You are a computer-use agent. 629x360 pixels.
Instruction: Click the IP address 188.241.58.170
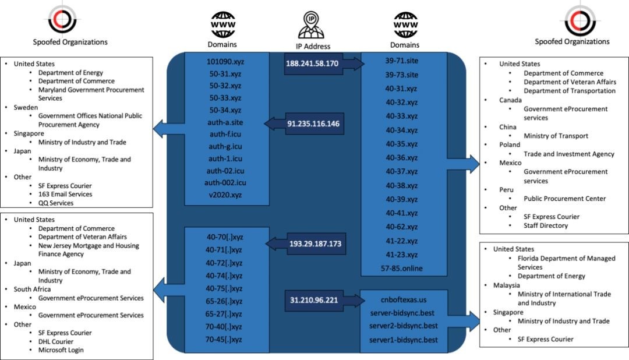coord(312,63)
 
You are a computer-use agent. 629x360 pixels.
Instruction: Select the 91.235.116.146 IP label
coord(313,124)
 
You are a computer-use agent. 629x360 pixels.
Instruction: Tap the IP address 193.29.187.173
coord(315,243)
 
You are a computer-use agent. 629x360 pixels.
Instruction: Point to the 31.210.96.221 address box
coord(313,300)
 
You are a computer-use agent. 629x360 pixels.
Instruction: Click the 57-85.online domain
coord(402,269)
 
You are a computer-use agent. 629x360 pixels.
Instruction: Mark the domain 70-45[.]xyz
coord(224,339)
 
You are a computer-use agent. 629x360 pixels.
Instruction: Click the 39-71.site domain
coord(402,60)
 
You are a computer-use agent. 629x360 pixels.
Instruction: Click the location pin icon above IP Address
coord(313,24)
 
